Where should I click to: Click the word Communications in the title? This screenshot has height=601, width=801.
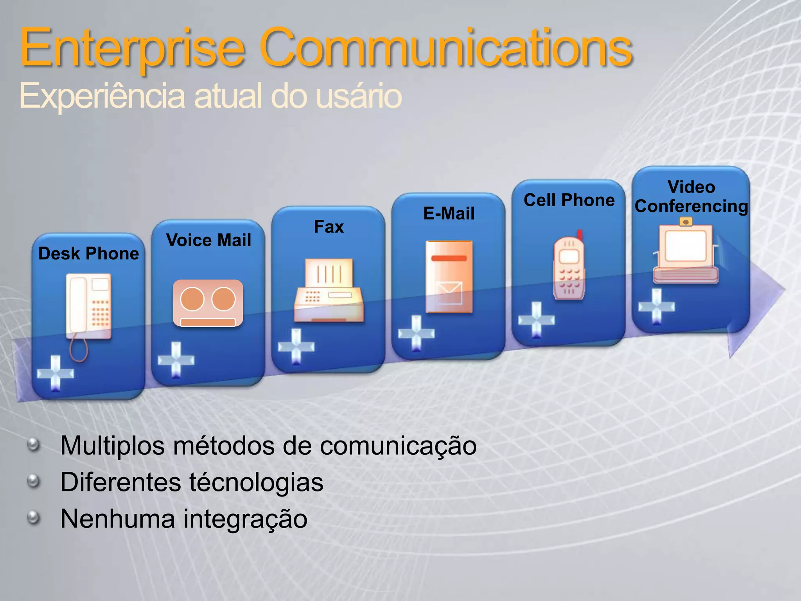[446, 49]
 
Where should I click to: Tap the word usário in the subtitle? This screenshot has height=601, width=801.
[358, 96]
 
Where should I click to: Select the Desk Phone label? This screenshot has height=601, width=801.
[89, 254]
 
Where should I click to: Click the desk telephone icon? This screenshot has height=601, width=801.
[89, 307]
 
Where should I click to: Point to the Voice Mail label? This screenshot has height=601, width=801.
[208, 240]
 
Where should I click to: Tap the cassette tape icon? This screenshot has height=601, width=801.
[208, 303]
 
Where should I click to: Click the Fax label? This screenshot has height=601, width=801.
[329, 227]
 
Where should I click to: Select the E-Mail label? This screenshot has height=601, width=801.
[449, 214]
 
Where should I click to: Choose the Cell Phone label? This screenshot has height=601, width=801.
[569, 200]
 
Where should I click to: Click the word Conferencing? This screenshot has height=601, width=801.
[691, 206]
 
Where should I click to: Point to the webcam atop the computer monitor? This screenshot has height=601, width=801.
[686, 222]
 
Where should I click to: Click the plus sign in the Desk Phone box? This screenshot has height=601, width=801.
[55, 373]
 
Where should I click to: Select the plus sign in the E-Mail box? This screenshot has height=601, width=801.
[416, 333]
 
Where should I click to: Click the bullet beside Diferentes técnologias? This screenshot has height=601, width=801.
[34, 481]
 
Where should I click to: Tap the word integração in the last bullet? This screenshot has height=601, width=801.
[245, 518]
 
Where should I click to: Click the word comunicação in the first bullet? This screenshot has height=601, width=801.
[398, 446]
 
